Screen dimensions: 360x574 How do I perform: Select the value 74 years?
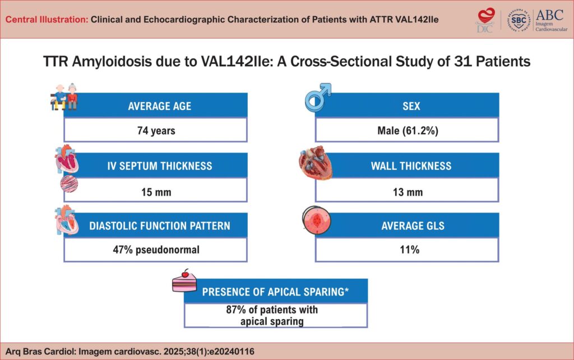(x=156, y=131)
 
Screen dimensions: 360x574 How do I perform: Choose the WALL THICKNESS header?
(x=411, y=165)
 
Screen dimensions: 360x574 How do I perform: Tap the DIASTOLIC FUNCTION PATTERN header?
(x=160, y=226)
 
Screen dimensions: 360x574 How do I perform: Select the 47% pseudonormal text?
(x=156, y=250)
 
